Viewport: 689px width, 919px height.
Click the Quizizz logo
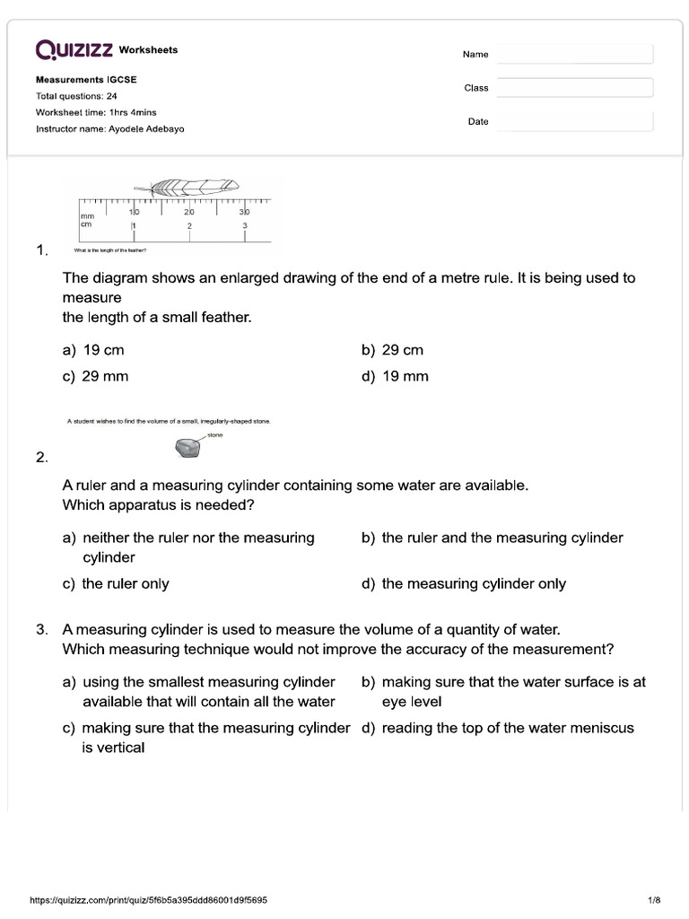pyautogui.click(x=75, y=49)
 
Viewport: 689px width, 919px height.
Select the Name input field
pyautogui.click(x=574, y=55)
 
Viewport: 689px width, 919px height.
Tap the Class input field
pyautogui.click(x=574, y=88)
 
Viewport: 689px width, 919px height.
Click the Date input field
pyautogui.click(x=574, y=121)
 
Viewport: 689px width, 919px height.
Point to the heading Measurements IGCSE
pyautogui.click(x=86, y=80)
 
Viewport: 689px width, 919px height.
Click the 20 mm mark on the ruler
pyautogui.click(x=188, y=211)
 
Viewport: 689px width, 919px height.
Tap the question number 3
pyautogui.click(x=41, y=630)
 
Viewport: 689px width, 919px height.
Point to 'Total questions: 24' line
pyautogui.click(x=76, y=96)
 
